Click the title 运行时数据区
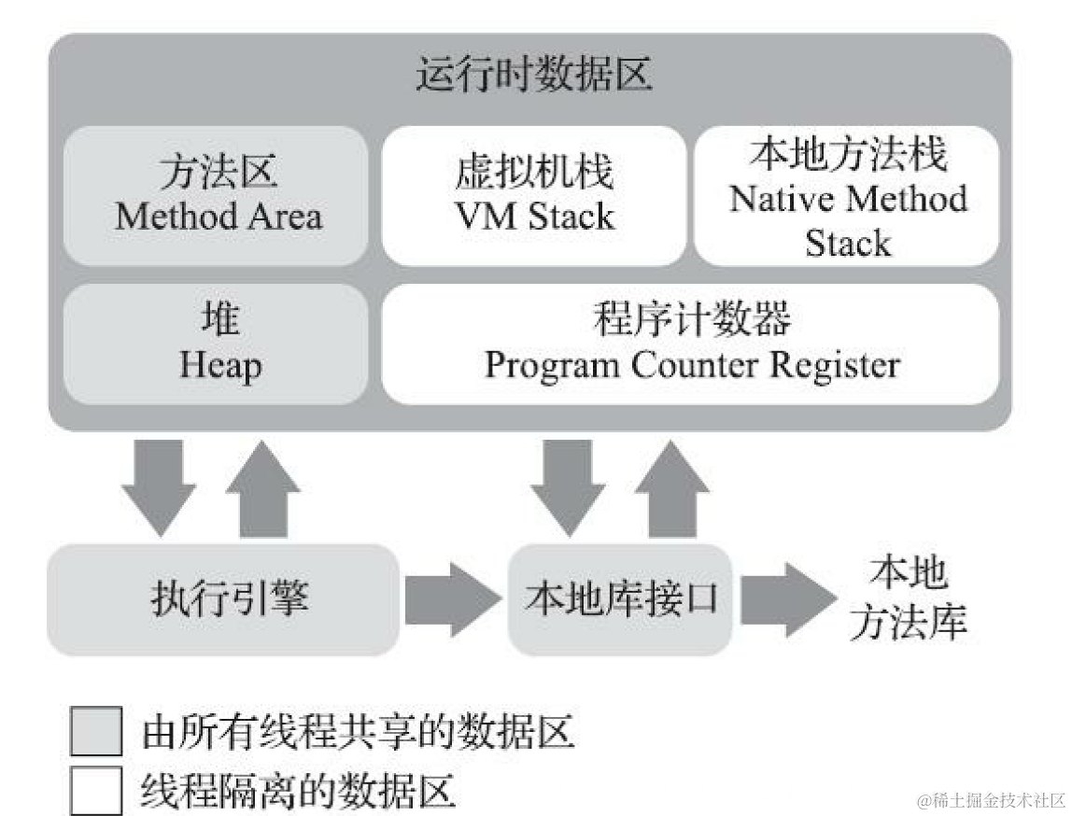tap(533, 76)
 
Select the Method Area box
tap(217, 195)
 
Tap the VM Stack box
tap(534, 195)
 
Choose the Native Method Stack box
tap(848, 195)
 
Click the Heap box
tap(217, 345)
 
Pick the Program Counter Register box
tap(691, 345)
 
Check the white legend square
tap(96, 789)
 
